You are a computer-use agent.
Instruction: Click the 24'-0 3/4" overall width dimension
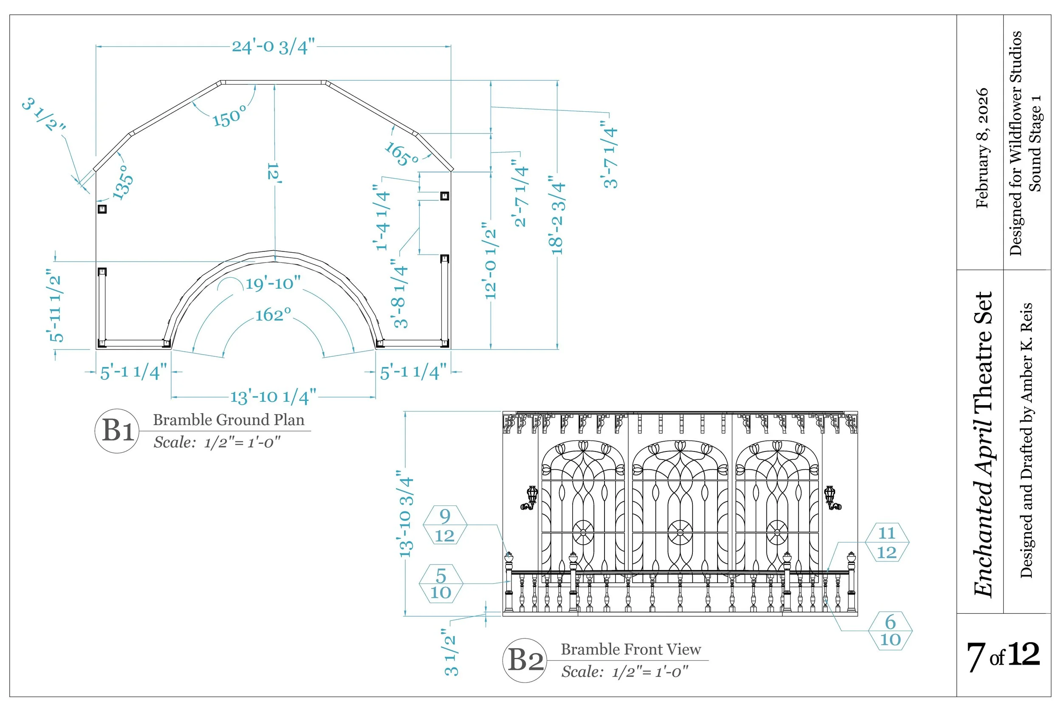[x=273, y=47]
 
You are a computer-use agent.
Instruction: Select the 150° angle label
[x=230, y=117]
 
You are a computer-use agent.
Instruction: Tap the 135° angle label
[x=123, y=182]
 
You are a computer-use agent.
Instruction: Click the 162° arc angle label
[x=273, y=315]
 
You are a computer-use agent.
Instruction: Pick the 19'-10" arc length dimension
[x=273, y=284]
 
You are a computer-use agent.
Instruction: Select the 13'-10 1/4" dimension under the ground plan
[x=273, y=397]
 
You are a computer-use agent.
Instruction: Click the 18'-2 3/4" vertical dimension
[x=558, y=216]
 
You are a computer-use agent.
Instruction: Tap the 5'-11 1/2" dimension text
[x=55, y=306]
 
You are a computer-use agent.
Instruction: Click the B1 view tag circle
[x=117, y=431]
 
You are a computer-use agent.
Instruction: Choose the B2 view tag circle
[x=525, y=660]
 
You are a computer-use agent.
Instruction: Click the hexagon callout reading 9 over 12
[x=444, y=525]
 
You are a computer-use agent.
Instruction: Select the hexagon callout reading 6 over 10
[x=890, y=631]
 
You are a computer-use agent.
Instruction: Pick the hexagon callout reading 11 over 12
[x=887, y=542]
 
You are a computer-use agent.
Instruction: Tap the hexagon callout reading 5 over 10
[x=441, y=584]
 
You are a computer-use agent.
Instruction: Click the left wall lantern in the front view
[x=531, y=498]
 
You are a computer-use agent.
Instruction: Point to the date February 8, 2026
[x=982, y=148]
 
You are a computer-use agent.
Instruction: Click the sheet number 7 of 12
[x=1003, y=656]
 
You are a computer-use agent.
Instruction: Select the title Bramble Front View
[x=630, y=649]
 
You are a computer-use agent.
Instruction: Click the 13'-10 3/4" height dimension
[x=406, y=513]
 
